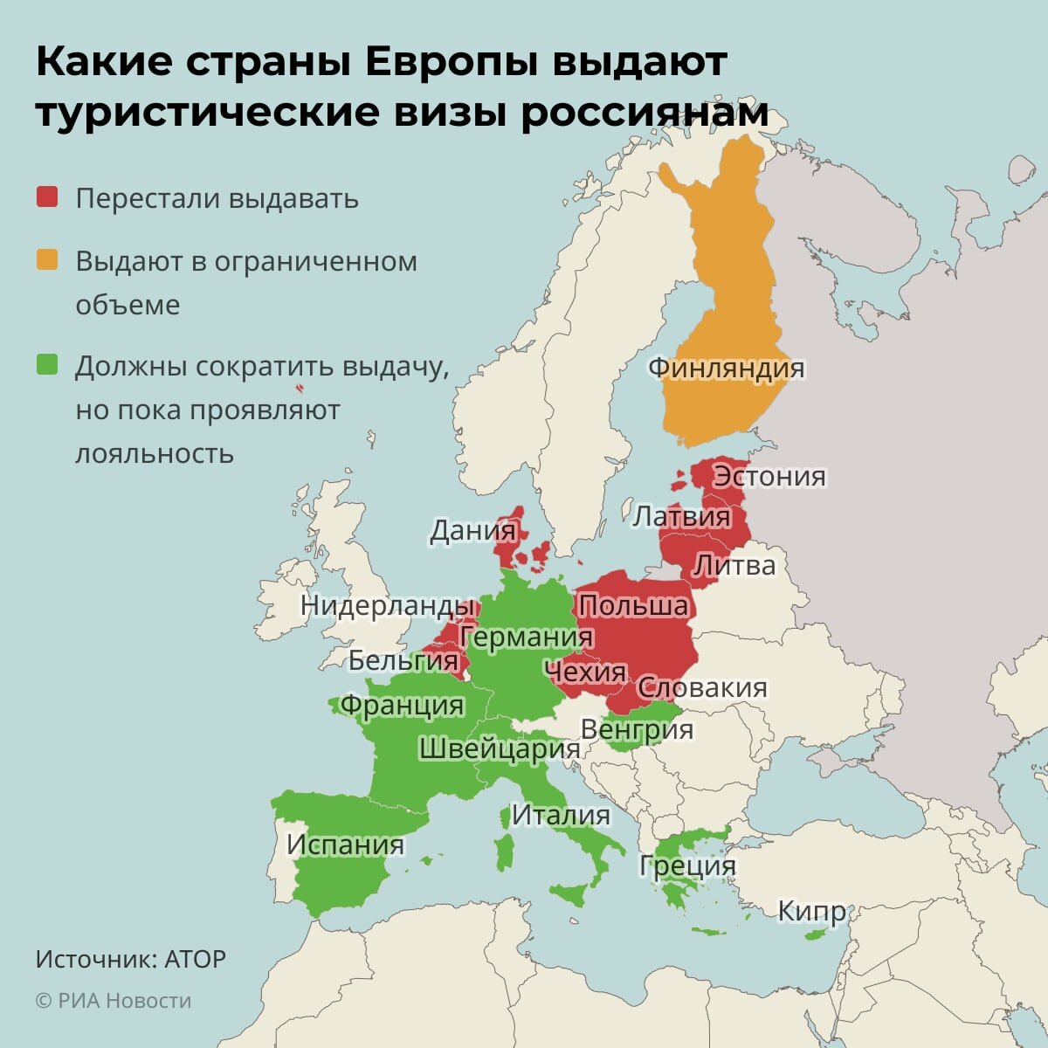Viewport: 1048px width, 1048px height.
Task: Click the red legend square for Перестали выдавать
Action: (47, 197)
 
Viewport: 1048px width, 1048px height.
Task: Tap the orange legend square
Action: (47, 260)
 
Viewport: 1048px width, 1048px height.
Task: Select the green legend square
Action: (47, 365)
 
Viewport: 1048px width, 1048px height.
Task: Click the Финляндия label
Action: (726, 368)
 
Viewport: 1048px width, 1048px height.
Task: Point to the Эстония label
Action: (769, 476)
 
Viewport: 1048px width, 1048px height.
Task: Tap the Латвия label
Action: (681, 516)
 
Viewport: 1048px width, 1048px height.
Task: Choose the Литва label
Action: (734, 565)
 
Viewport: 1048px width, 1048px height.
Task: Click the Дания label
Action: (472, 531)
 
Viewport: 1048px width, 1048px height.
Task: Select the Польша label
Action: (633, 605)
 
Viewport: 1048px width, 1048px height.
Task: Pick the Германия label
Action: (527, 638)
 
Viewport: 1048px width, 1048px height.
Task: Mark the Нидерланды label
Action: (389, 605)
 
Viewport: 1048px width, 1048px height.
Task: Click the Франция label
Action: (402, 704)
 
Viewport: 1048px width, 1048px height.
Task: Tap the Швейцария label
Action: (500, 748)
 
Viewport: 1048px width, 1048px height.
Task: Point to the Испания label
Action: (346, 845)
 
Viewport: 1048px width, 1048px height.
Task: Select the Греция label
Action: (687, 865)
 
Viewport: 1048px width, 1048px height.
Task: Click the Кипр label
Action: (812, 912)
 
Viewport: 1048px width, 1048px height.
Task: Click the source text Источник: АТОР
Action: (131, 959)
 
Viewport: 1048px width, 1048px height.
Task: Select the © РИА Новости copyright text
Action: (114, 1001)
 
